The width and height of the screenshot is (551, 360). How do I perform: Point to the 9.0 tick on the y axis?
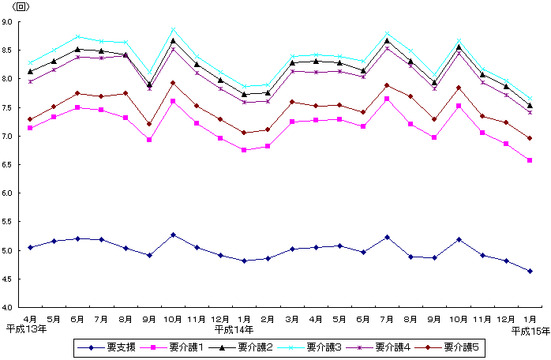[16, 22]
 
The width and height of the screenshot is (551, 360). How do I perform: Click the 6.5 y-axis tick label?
[16, 165]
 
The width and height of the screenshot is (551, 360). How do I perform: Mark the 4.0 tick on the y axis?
[16, 307]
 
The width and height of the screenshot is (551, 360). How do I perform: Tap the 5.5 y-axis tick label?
[16, 222]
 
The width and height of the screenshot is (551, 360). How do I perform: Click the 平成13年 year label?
[25, 328]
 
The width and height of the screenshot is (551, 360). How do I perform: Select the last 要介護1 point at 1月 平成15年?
[530, 160]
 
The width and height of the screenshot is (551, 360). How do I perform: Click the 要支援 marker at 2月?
[268, 258]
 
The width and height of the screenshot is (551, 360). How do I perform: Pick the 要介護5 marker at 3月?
[292, 102]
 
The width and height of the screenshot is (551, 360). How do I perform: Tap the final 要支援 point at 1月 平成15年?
[530, 271]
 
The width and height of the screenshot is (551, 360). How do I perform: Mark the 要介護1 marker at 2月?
[268, 146]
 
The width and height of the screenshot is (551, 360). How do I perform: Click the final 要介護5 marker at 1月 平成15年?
[530, 138]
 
